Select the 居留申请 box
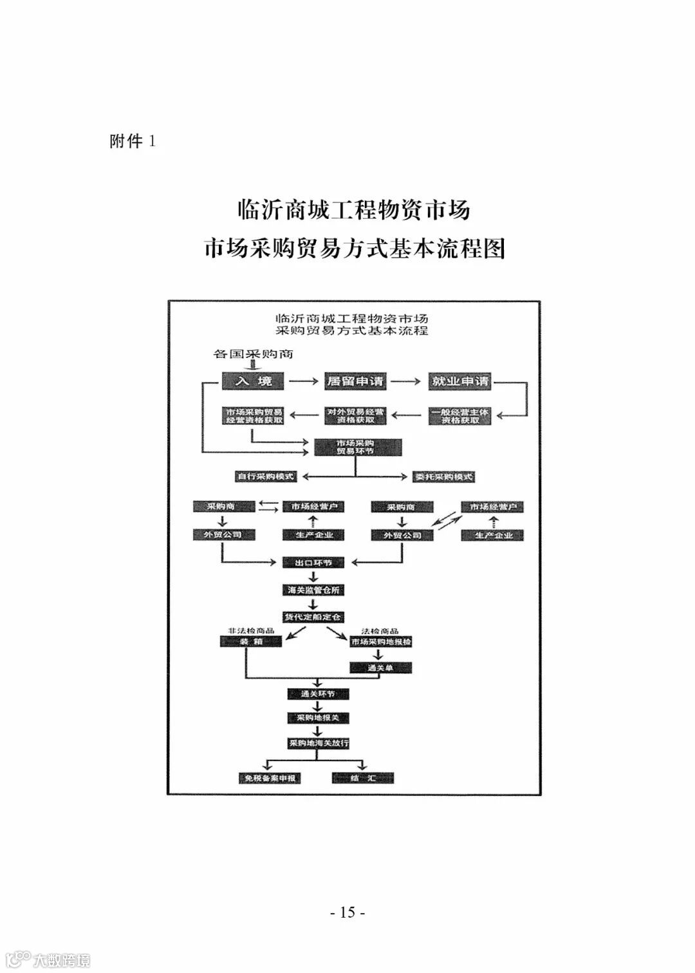click(x=355, y=381)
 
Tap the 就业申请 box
click(x=459, y=381)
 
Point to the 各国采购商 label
click(x=254, y=354)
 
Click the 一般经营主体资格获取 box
click(x=460, y=416)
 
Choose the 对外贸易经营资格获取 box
click(x=356, y=416)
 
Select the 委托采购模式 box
click(x=444, y=477)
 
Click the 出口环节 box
click(x=313, y=563)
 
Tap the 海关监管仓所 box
click(x=313, y=590)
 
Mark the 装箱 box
click(x=252, y=641)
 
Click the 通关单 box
click(x=380, y=668)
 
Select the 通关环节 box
click(x=318, y=694)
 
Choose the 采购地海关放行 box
click(x=318, y=743)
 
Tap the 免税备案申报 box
click(x=270, y=778)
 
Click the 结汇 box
click(x=363, y=778)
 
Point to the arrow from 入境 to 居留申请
click(x=303, y=381)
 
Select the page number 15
click(x=347, y=912)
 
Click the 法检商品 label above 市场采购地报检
click(x=380, y=631)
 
